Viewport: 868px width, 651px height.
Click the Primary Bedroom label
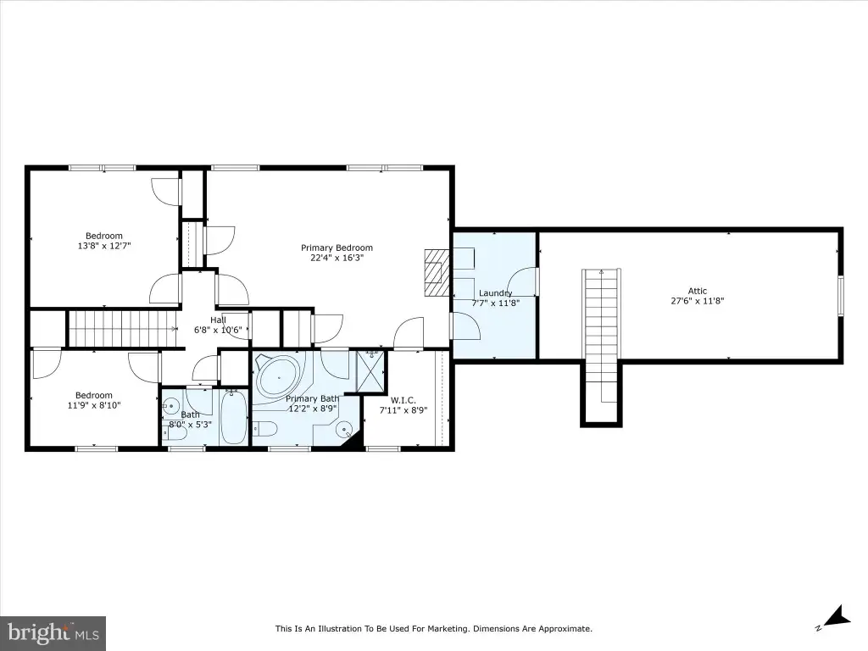click(x=337, y=248)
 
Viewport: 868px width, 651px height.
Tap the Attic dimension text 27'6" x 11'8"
click(x=698, y=301)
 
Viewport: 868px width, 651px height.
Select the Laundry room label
click(x=495, y=292)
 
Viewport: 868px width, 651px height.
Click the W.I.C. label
click(x=403, y=400)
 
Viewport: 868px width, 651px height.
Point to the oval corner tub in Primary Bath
click(x=278, y=377)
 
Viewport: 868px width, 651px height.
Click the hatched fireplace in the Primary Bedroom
click(x=437, y=273)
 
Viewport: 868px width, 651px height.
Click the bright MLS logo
click(x=53, y=633)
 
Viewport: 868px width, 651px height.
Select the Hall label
click(x=218, y=320)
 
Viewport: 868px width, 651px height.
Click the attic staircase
click(x=601, y=336)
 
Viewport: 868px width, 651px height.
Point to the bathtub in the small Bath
click(x=234, y=416)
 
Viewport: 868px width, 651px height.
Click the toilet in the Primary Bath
click(x=264, y=428)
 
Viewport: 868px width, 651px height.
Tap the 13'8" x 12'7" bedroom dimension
click(x=104, y=246)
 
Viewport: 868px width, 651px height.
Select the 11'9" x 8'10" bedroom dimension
click(x=94, y=405)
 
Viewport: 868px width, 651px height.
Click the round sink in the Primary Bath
click(x=345, y=428)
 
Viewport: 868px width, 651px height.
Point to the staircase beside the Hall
click(x=123, y=329)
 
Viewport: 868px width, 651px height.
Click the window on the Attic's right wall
click(x=840, y=296)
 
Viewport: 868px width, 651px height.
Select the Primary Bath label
click(x=312, y=398)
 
